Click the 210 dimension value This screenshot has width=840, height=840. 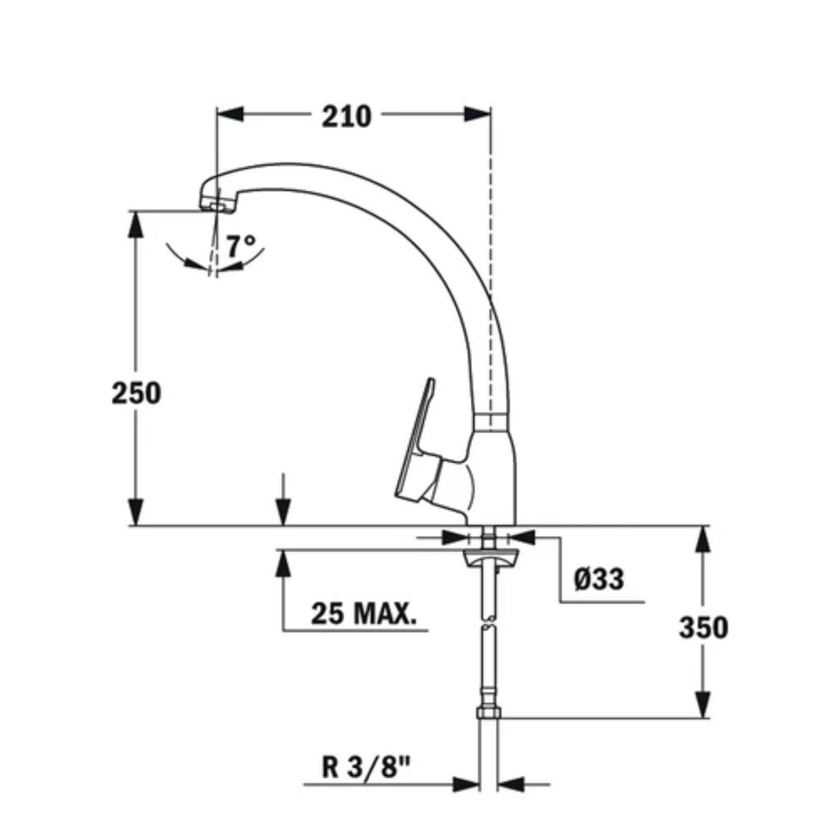coord(346,117)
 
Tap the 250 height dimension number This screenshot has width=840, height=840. coord(136,393)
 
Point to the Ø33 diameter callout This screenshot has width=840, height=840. coord(599,580)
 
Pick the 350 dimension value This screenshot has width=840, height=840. coord(703,627)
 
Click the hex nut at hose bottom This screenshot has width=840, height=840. coord(488,713)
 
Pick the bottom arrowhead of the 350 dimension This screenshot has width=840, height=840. coord(703,703)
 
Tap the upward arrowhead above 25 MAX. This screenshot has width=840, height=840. coord(283,564)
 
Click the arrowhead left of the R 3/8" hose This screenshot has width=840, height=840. coord(466,784)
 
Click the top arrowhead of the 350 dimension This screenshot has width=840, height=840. coord(703,539)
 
